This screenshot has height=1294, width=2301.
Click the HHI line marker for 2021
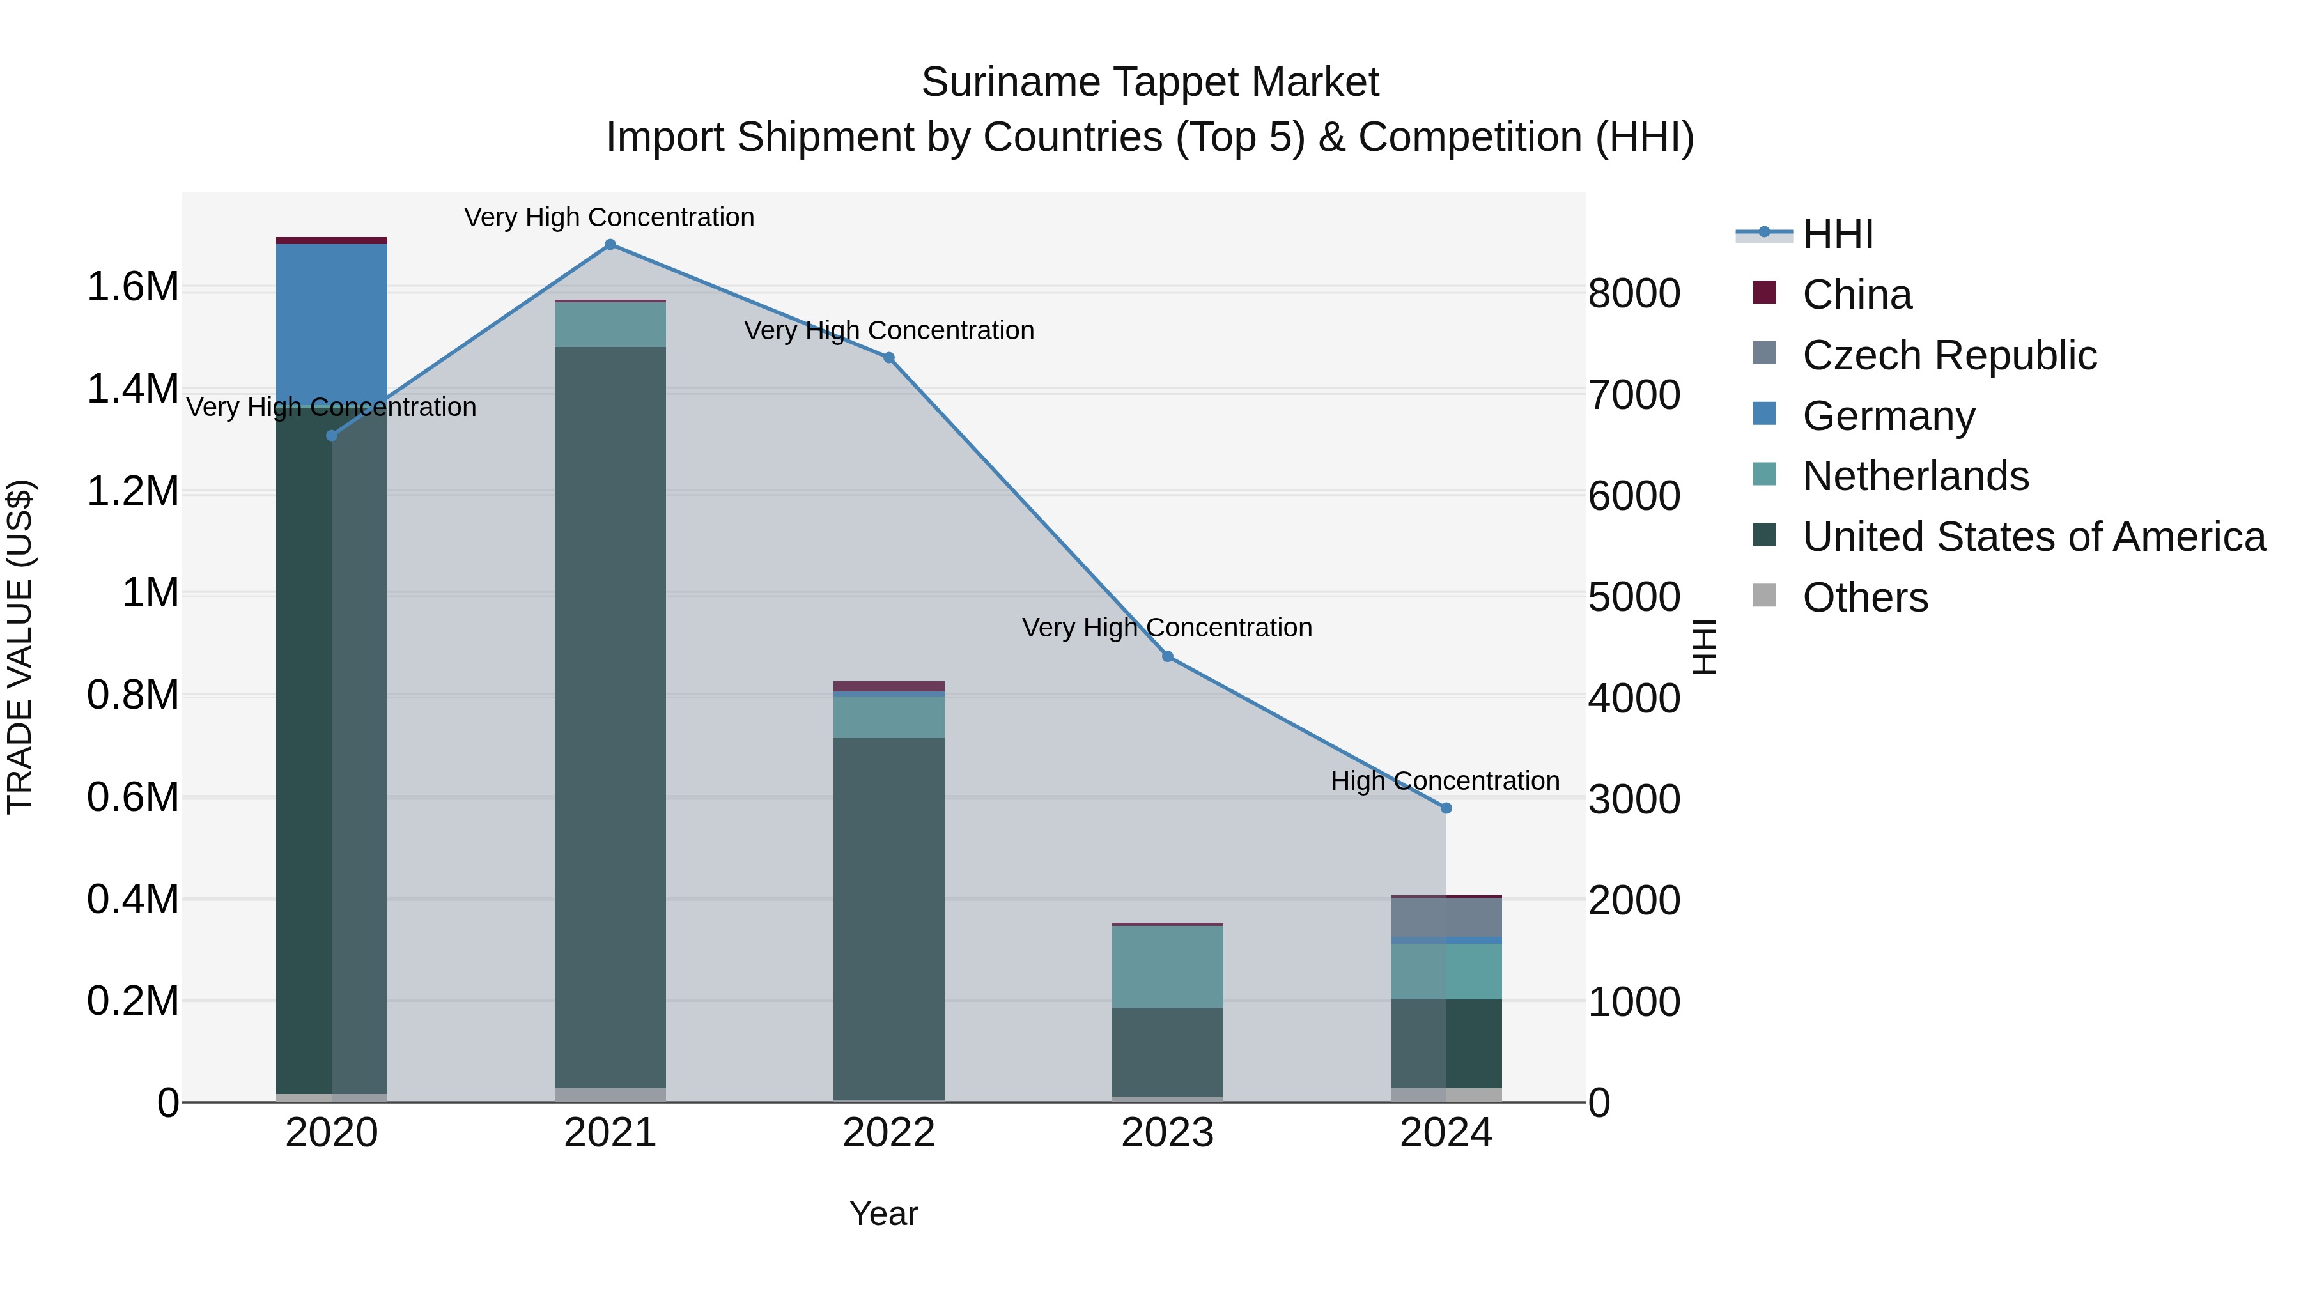click(x=610, y=245)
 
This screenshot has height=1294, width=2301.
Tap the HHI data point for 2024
click(x=1446, y=808)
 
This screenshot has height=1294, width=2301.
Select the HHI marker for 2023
click(x=1168, y=656)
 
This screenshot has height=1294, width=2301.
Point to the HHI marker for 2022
click(x=889, y=358)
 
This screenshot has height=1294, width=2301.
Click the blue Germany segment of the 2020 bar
click(x=331, y=321)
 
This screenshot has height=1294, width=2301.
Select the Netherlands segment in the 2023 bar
click(x=1168, y=966)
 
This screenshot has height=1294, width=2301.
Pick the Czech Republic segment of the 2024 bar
click(x=1446, y=916)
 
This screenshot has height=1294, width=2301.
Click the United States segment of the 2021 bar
click(x=610, y=714)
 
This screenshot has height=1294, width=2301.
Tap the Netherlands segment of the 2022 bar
click(x=889, y=716)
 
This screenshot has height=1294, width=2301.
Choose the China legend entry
click(x=1856, y=295)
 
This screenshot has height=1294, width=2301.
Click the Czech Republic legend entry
click(x=1949, y=355)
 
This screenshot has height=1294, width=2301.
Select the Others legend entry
click(x=1865, y=597)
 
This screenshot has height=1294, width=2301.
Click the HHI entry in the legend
click(x=1836, y=234)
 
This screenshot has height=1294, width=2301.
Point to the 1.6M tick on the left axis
click(x=133, y=288)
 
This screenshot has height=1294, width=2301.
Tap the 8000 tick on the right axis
click(x=1634, y=294)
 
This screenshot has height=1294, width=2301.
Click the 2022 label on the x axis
click(x=889, y=1133)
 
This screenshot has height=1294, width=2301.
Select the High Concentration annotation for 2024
click(x=1445, y=782)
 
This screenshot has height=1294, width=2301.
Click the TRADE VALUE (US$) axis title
click(x=20, y=647)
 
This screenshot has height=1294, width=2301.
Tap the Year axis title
click(x=883, y=1213)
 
